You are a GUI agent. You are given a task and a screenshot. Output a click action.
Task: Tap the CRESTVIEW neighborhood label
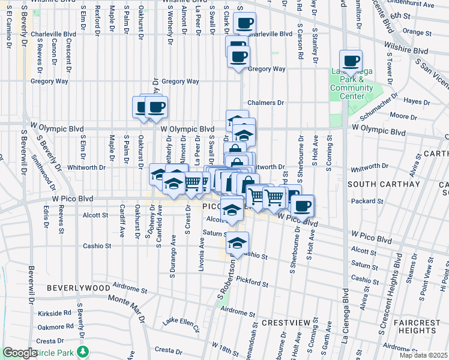[x=286, y=323]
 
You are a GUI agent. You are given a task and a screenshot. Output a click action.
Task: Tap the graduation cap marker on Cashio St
[x=238, y=243]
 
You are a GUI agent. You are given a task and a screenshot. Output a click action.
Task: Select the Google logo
[x=20, y=353]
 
